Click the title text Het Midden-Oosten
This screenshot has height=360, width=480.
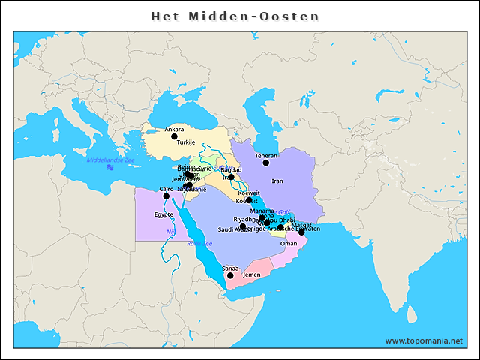tap(235, 16)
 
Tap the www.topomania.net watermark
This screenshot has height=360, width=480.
tap(424, 340)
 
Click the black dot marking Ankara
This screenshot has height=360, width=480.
tap(174, 136)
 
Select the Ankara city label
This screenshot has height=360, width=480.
tap(174, 129)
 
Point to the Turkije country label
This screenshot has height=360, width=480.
tap(186, 142)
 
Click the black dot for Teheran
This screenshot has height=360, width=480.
tap(265, 163)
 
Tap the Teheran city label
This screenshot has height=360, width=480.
tap(266, 155)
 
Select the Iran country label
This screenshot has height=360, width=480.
tap(277, 181)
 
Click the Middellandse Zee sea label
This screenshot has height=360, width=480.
tap(110, 160)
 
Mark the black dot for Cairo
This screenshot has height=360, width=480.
tap(166, 196)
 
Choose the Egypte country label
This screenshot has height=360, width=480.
tap(163, 214)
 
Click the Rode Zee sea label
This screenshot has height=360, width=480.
tap(199, 244)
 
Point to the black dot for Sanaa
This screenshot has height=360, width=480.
tap(230, 275)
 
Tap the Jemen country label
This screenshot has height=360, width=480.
tap(252, 275)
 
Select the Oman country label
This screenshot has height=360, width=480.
tap(288, 243)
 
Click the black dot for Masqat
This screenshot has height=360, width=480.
tap(301, 232)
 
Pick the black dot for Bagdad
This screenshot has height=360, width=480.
tap(231, 178)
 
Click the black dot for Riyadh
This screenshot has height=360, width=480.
tap(243, 226)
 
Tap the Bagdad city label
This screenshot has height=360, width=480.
tap(231, 170)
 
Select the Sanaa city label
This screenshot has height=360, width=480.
tap(230, 268)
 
